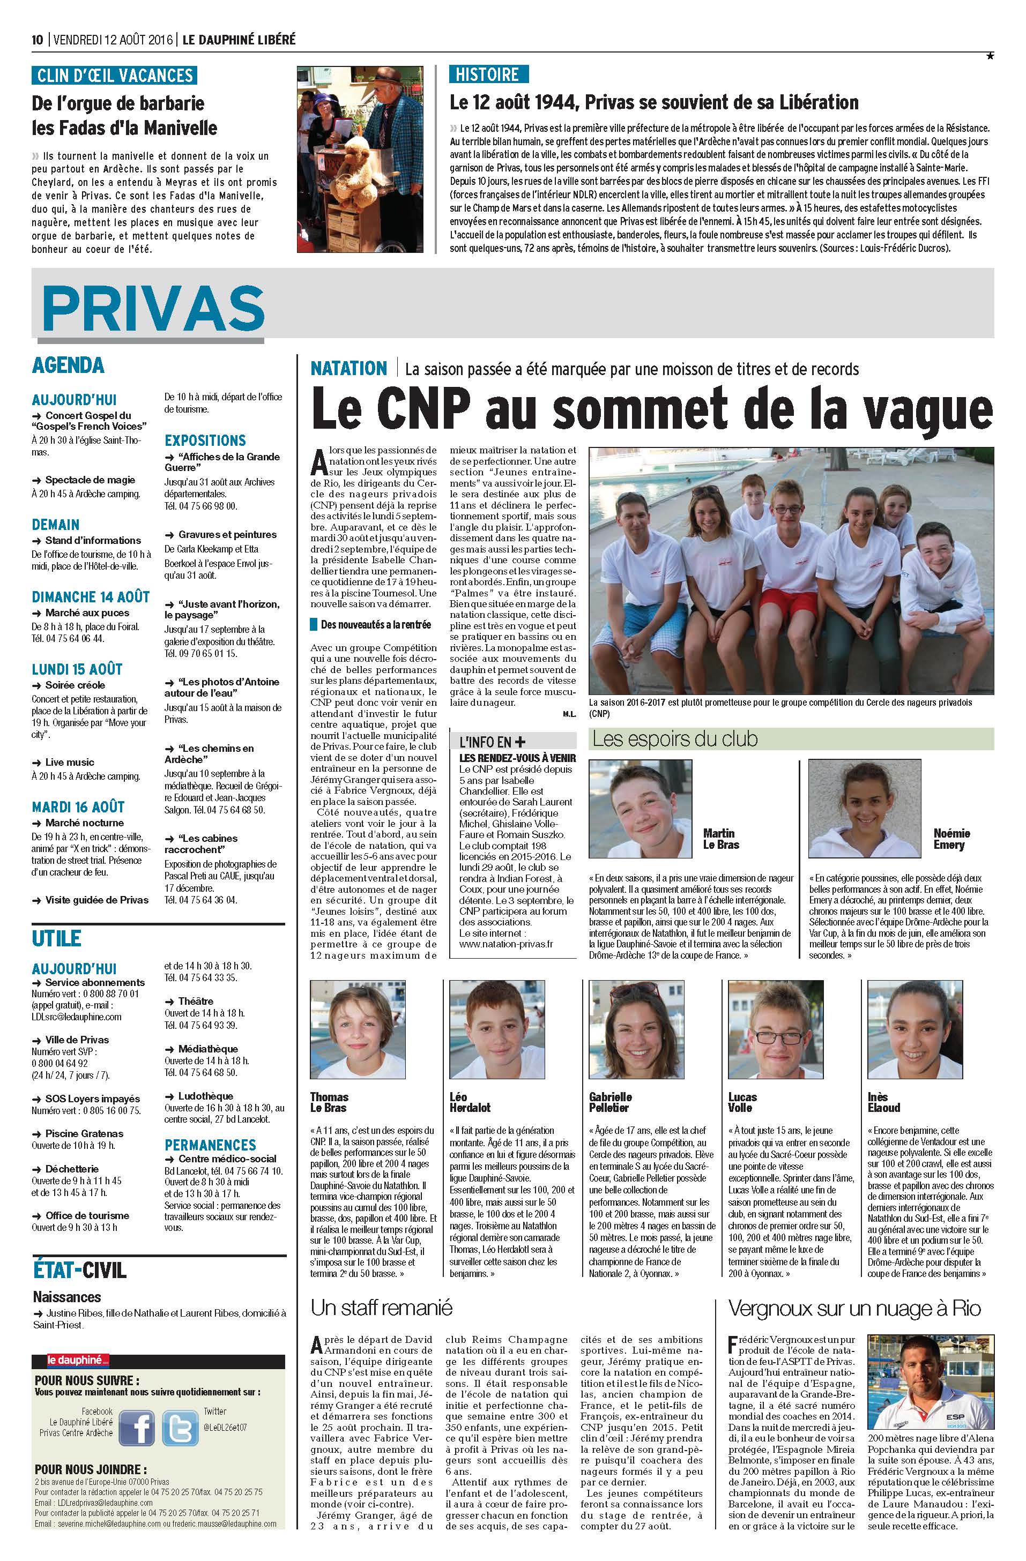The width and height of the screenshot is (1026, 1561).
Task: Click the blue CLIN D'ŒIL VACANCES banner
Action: (114, 76)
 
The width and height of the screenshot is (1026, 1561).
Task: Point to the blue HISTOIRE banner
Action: (488, 74)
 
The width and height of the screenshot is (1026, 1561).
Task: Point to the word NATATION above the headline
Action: (349, 369)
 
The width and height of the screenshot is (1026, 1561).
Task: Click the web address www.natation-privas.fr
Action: (506, 944)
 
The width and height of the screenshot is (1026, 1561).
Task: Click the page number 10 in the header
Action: (38, 40)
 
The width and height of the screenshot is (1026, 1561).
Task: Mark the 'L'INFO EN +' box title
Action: (493, 742)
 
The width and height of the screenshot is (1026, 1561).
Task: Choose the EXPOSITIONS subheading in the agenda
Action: (205, 440)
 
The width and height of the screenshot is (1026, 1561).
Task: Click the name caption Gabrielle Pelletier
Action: (610, 1102)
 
